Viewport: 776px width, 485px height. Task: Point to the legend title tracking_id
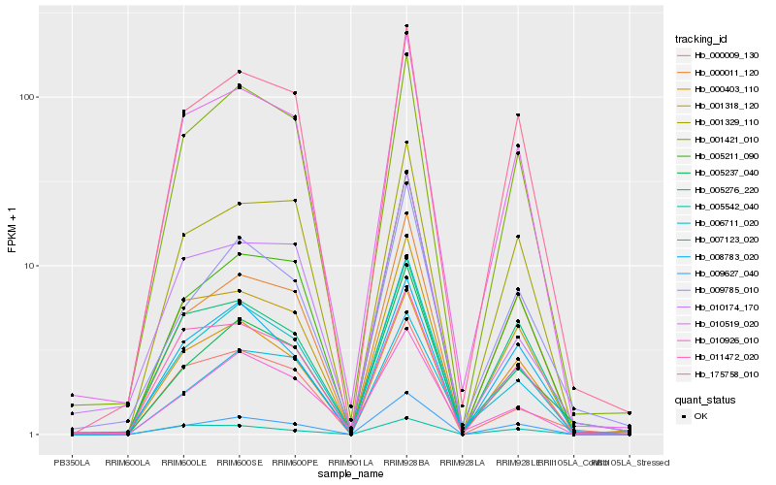pyautogui.click(x=703, y=39)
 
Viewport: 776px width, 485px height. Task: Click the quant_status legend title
pyautogui.click(x=706, y=400)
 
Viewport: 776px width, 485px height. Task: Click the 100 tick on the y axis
pyautogui.click(x=26, y=97)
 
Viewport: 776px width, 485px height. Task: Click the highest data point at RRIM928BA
pyautogui.click(x=406, y=25)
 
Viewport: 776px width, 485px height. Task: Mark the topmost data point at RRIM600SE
pyautogui.click(x=239, y=72)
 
